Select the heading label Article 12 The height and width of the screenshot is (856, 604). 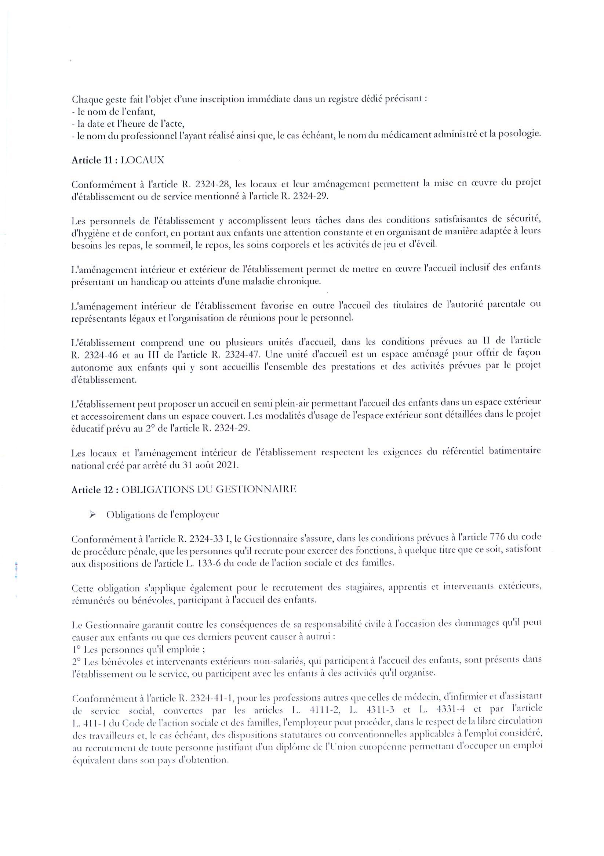(92, 490)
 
